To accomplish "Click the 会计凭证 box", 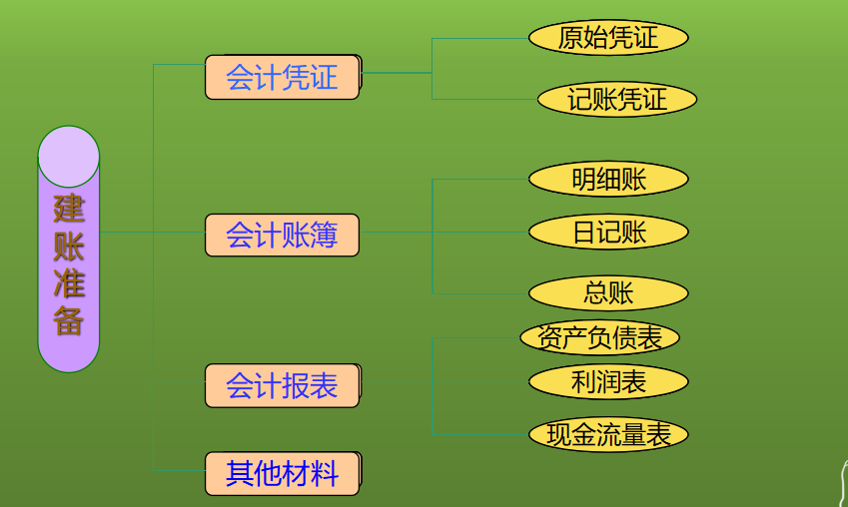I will [x=282, y=77].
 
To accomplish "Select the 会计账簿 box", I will [x=282, y=236].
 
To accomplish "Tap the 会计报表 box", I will [x=282, y=385].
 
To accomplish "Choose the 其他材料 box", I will [x=282, y=473].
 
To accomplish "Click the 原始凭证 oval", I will [x=608, y=38].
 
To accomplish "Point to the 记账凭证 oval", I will [x=616, y=99].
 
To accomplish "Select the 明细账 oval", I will [x=608, y=180].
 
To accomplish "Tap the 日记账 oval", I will [x=608, y=233].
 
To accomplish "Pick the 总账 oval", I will [x=608, y=293].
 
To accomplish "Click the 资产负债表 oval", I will [x=599, y=337].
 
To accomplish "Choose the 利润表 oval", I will [x=608, y=381].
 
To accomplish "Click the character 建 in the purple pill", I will [x=69, y=210].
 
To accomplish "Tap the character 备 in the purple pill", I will [x=69, y=321].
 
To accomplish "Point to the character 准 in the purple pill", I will [x=69, y=284].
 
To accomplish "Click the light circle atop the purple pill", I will [x=69, y=157].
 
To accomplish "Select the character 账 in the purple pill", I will [x=69, y=247].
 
